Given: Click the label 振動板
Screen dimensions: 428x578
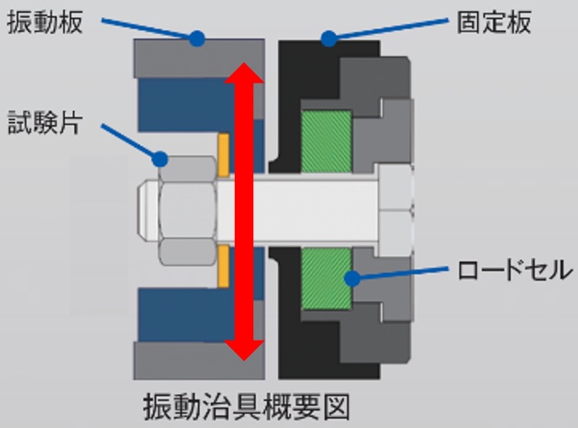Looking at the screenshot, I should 45,23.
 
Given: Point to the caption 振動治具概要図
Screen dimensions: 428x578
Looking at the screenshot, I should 247,404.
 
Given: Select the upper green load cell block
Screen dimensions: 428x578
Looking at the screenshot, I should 327,142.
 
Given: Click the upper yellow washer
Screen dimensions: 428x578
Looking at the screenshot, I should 223,156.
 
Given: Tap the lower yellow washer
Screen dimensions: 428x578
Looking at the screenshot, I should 223,266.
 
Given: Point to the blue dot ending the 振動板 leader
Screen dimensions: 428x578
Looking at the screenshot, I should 196,39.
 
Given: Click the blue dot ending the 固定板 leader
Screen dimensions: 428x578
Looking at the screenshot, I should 326,39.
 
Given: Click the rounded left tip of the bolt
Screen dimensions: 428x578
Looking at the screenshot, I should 145,210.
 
